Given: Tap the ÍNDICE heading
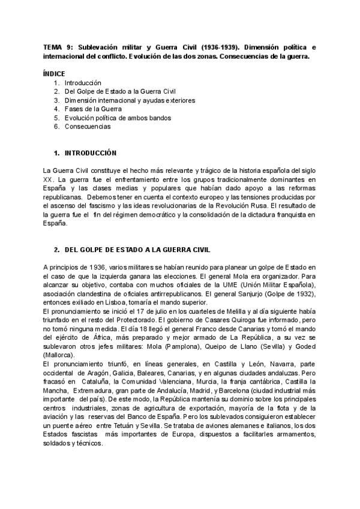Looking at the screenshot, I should (x=55, y=73).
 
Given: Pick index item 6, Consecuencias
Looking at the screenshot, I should (x=88, y=127).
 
